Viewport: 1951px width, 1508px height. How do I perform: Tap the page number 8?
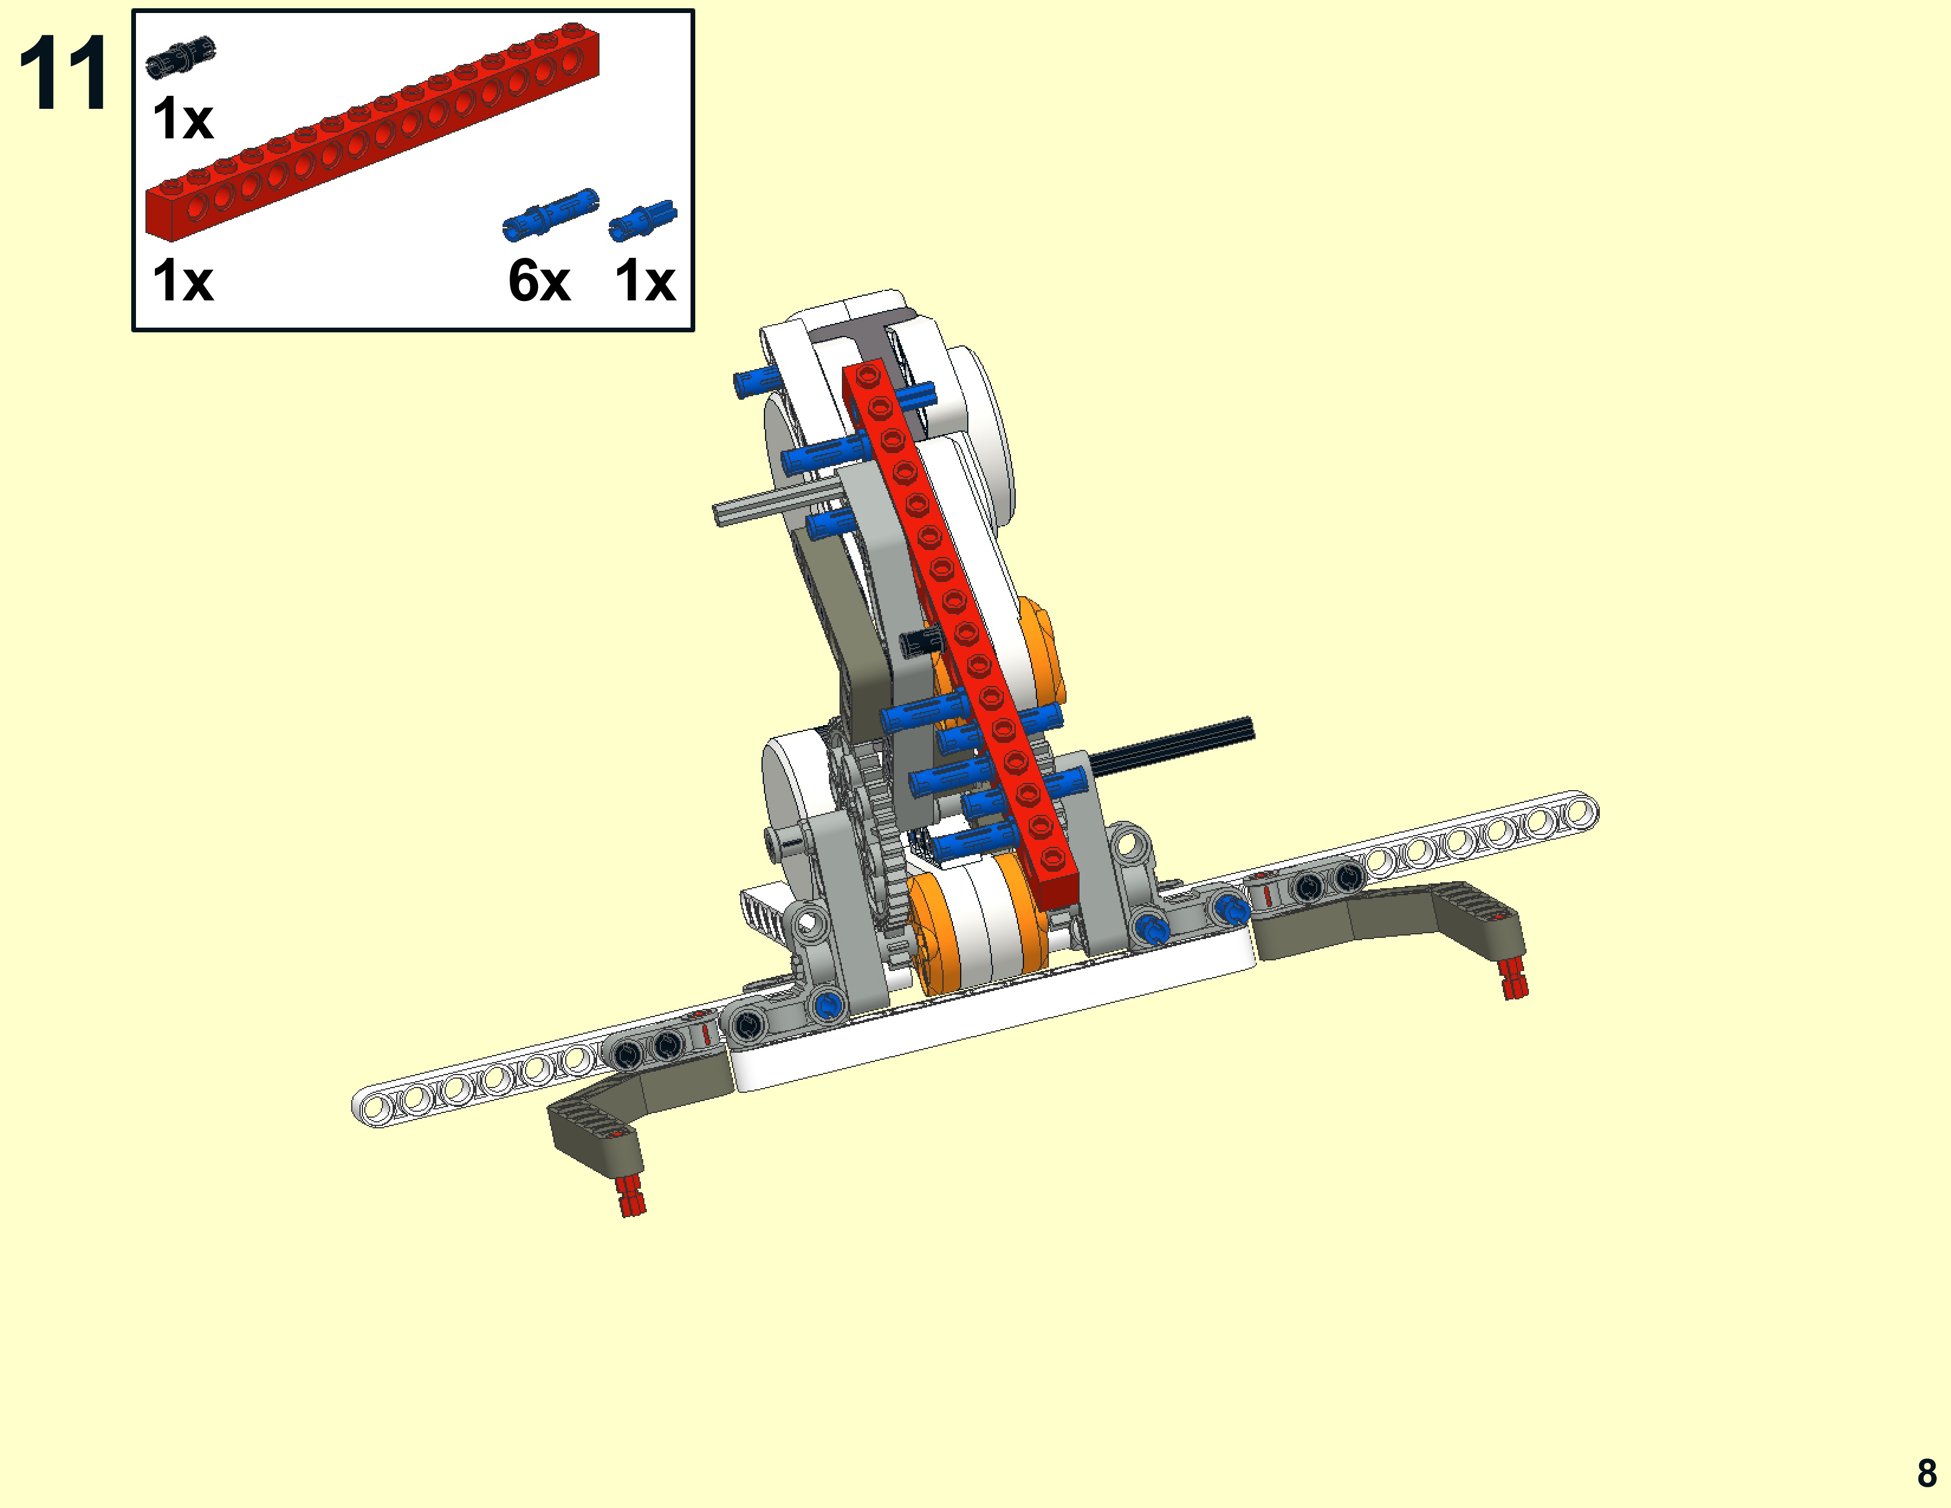coord(1927,1473)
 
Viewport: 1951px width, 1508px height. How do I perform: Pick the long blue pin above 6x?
coord(550,215)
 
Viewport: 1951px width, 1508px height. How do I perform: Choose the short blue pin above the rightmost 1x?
coord(642,221)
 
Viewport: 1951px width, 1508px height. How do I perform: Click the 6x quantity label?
coord(539,281)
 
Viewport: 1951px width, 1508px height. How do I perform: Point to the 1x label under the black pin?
coord(183,119)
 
